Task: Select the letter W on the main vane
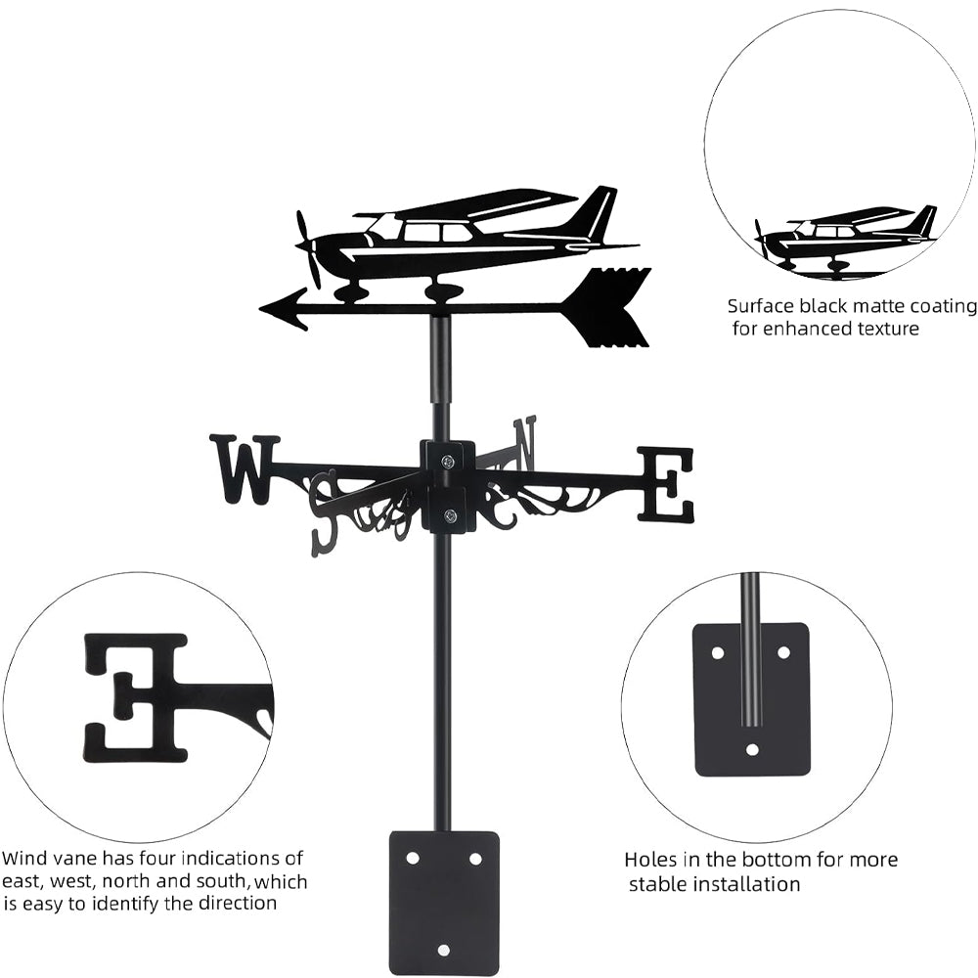pyautogui.click(x=244, y=469)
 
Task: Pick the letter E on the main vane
pyautogui.click(x=666, y=483)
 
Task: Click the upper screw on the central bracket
pyautogui.click(x=447, y=461)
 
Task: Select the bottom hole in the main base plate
pyautogui.click(x=443, y=950)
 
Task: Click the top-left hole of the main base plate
pyautogui.click(x=412, y=858)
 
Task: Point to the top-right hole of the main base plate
pyautogui.click(x=475, y=858)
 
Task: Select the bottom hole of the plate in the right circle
pyautogui.click(x=751, y=750)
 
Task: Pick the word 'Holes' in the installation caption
pyautogui.click(x=652, y=860)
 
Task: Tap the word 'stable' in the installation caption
pyautogui.click(x=659, y=884)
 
